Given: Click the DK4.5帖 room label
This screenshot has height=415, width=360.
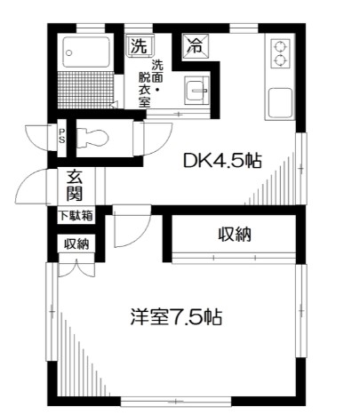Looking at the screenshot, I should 221,162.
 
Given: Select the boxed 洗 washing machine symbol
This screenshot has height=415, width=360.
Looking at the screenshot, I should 138,44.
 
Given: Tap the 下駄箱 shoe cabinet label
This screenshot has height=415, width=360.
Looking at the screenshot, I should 75,215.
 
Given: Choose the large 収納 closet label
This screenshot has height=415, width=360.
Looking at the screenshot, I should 236,235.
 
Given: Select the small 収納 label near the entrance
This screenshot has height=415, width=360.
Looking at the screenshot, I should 75,244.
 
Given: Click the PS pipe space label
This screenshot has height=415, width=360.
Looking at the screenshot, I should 61,135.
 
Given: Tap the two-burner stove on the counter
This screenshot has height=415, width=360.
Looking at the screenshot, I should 280,53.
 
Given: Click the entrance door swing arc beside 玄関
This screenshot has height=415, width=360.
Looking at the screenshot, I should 34,187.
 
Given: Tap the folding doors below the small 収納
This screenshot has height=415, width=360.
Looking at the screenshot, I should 74,267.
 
